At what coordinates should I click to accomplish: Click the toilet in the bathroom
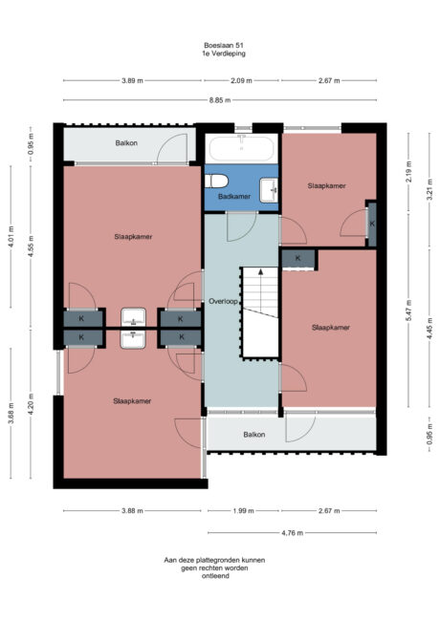point(219,182)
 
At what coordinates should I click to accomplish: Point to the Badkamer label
point(235,196)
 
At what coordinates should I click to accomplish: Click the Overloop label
point(223,301)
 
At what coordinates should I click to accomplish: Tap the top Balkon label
point(126,142)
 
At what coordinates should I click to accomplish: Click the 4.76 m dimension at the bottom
point(293,532)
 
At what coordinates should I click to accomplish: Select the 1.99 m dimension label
point(242,511)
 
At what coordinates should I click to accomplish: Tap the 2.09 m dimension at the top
point(242,80)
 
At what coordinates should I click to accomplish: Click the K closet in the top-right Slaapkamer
point(372,224)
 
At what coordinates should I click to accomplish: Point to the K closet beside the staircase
point(298,258)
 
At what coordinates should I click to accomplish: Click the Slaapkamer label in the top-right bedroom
point(327,185)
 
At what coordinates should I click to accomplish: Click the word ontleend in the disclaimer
point(214,576)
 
